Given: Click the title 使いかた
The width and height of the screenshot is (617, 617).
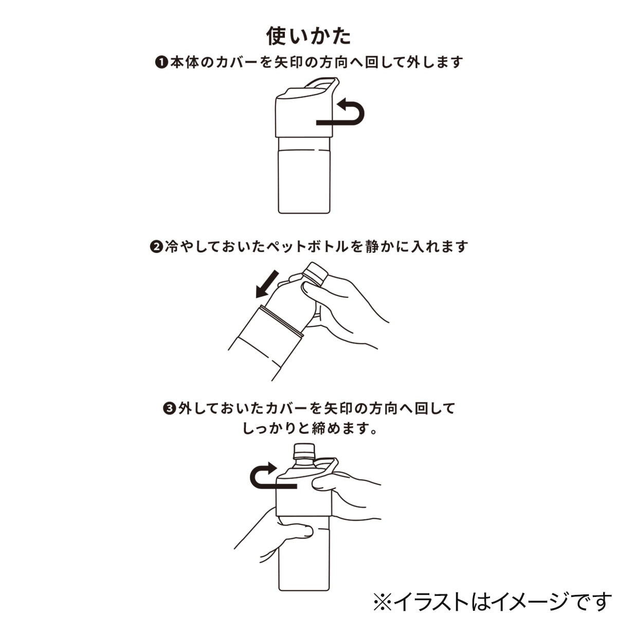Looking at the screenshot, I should (x=308, y=36).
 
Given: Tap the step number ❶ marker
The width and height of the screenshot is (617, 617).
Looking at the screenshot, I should (x=162, y=63).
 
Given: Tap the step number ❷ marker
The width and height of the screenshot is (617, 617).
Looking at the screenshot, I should (x=156, y=247).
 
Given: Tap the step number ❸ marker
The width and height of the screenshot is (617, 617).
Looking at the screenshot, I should (x=170, y=409).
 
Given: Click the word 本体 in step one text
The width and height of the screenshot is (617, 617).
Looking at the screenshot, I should (x=185, y=63).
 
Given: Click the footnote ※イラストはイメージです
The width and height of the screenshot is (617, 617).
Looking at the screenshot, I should (x=492, y=601).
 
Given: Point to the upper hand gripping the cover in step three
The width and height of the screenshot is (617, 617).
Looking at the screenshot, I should (x=350, y=488).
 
